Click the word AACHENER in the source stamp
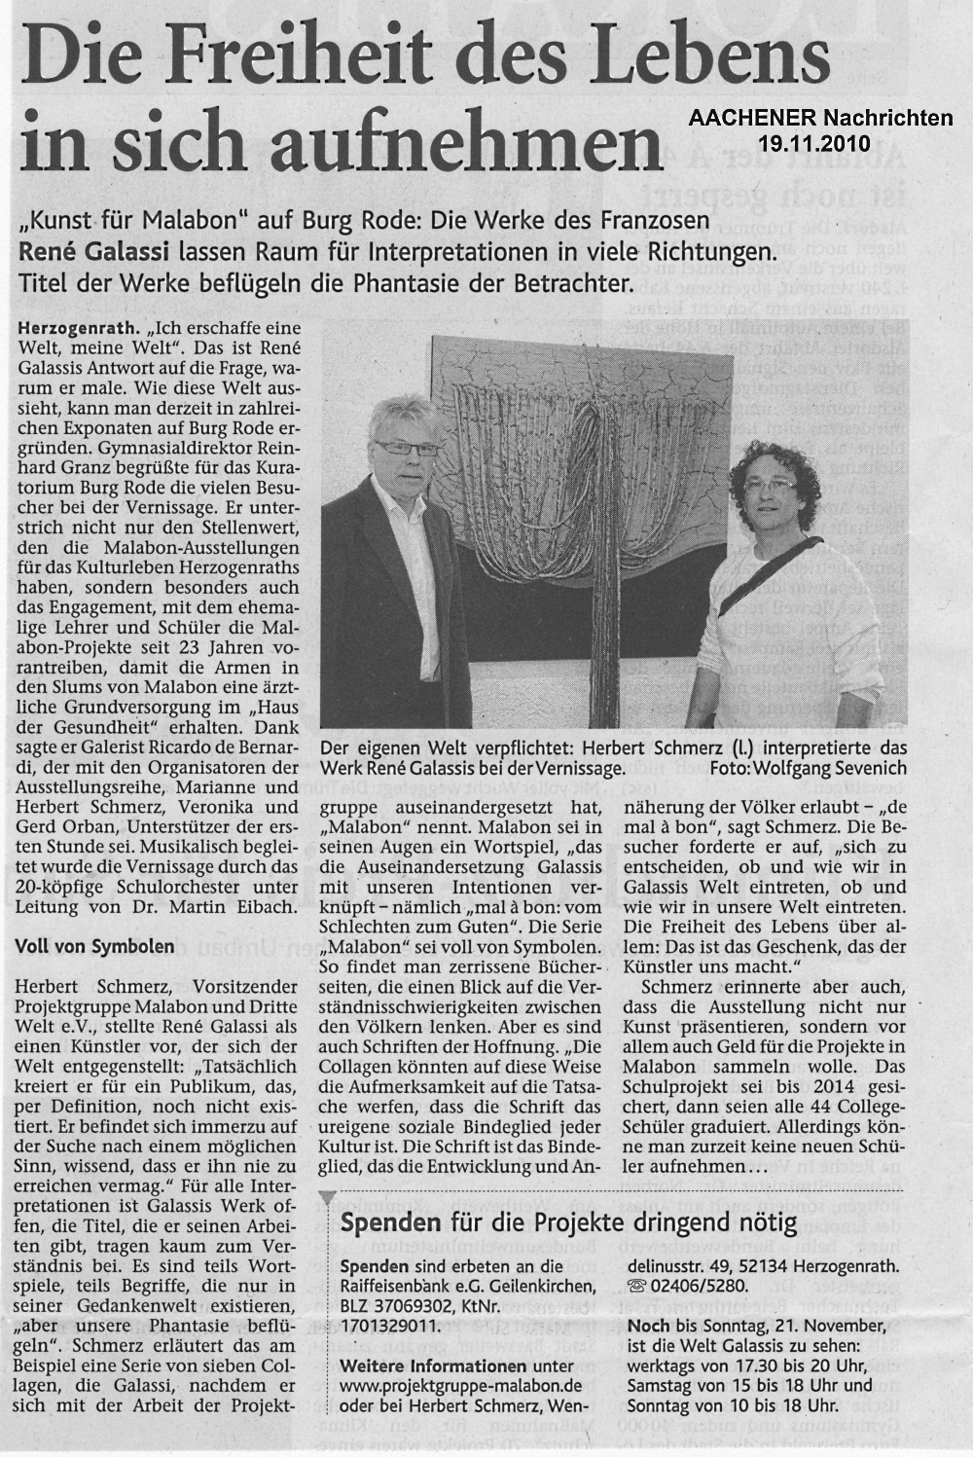[744, 119]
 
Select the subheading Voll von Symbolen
[95, 945]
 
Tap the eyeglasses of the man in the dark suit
[405, 448]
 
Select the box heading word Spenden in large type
[384, 1223]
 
